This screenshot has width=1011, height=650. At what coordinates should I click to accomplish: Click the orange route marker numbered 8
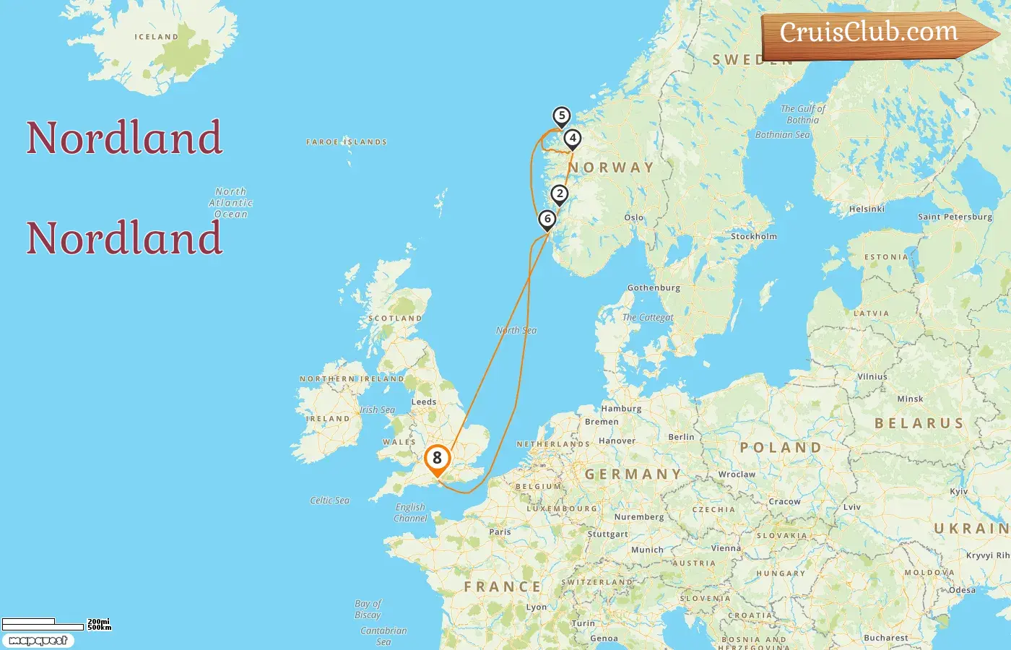coord(437,459)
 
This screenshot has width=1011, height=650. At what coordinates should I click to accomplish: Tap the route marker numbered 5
coord(561,116)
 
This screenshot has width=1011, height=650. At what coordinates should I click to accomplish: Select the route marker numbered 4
coord(572,138)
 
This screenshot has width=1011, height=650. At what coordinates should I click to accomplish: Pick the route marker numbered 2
coord(559,194)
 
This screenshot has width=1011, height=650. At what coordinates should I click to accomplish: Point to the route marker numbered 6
coord(547,219)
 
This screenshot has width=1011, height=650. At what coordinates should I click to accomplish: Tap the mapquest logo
coord(38,641)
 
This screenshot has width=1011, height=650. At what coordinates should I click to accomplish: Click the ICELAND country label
coord(156,37)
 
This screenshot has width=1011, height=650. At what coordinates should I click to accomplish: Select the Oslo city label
coord(633,217)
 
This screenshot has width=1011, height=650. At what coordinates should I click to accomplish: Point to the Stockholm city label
coord(754,236)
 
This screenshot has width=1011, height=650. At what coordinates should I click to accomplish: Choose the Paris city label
coord(500,532)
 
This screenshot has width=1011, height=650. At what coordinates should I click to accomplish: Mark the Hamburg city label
coord(621,409)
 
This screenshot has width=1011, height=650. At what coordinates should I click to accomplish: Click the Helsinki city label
coord(867,209)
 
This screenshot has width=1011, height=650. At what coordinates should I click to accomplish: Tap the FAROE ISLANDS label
coord(347,142)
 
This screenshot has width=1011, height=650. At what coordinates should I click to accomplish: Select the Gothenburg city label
coord(654,287)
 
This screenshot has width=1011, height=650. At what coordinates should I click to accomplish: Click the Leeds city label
coord(424,402)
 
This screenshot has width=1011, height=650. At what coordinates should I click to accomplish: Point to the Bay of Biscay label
coord(368,609)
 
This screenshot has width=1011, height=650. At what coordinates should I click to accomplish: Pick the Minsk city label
coord(910,399)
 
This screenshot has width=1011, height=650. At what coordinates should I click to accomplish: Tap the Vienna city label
coord(726,548)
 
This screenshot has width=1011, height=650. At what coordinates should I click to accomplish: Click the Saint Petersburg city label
coord(955,217)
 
